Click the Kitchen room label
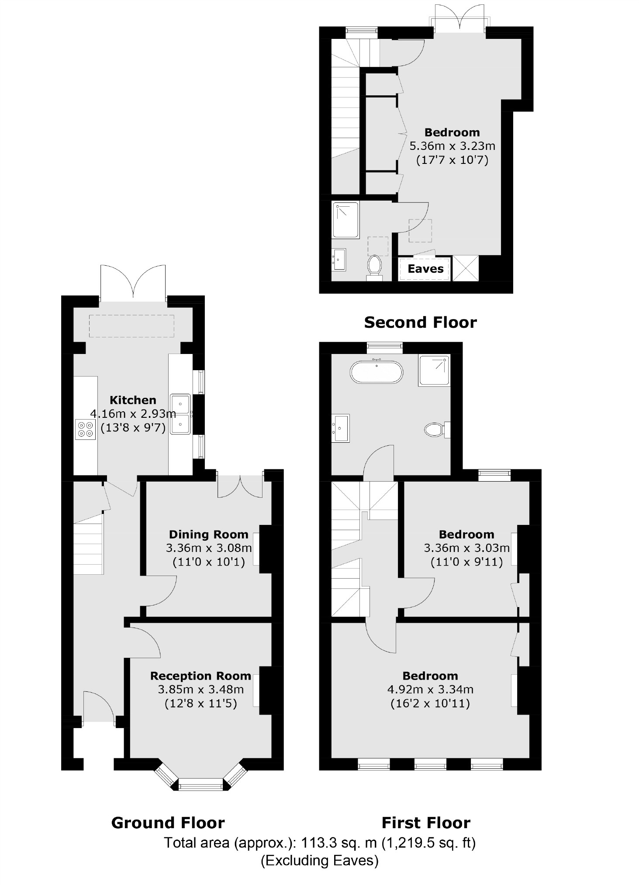click(x=133, y=400)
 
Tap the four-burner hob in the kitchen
click(x=85, y=429)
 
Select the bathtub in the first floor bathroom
click(x=376, y=372)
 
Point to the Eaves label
click(x=425, y=269)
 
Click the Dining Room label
click(x=208, y=534)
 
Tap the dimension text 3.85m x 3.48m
click(x=200, y=689)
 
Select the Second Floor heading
click(x=420, y=323)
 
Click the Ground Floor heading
click(x=168, y=823)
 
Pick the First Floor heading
click(x=426, y=823)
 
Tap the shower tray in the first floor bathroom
click(x=434, y=371)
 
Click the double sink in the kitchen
click(x=180, y=414)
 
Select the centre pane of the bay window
click(x=201, y=787)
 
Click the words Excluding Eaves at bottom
click(x=319, y=860)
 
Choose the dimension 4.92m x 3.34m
click(x=430, y=689)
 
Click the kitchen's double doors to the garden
click(x=133, y=283)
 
